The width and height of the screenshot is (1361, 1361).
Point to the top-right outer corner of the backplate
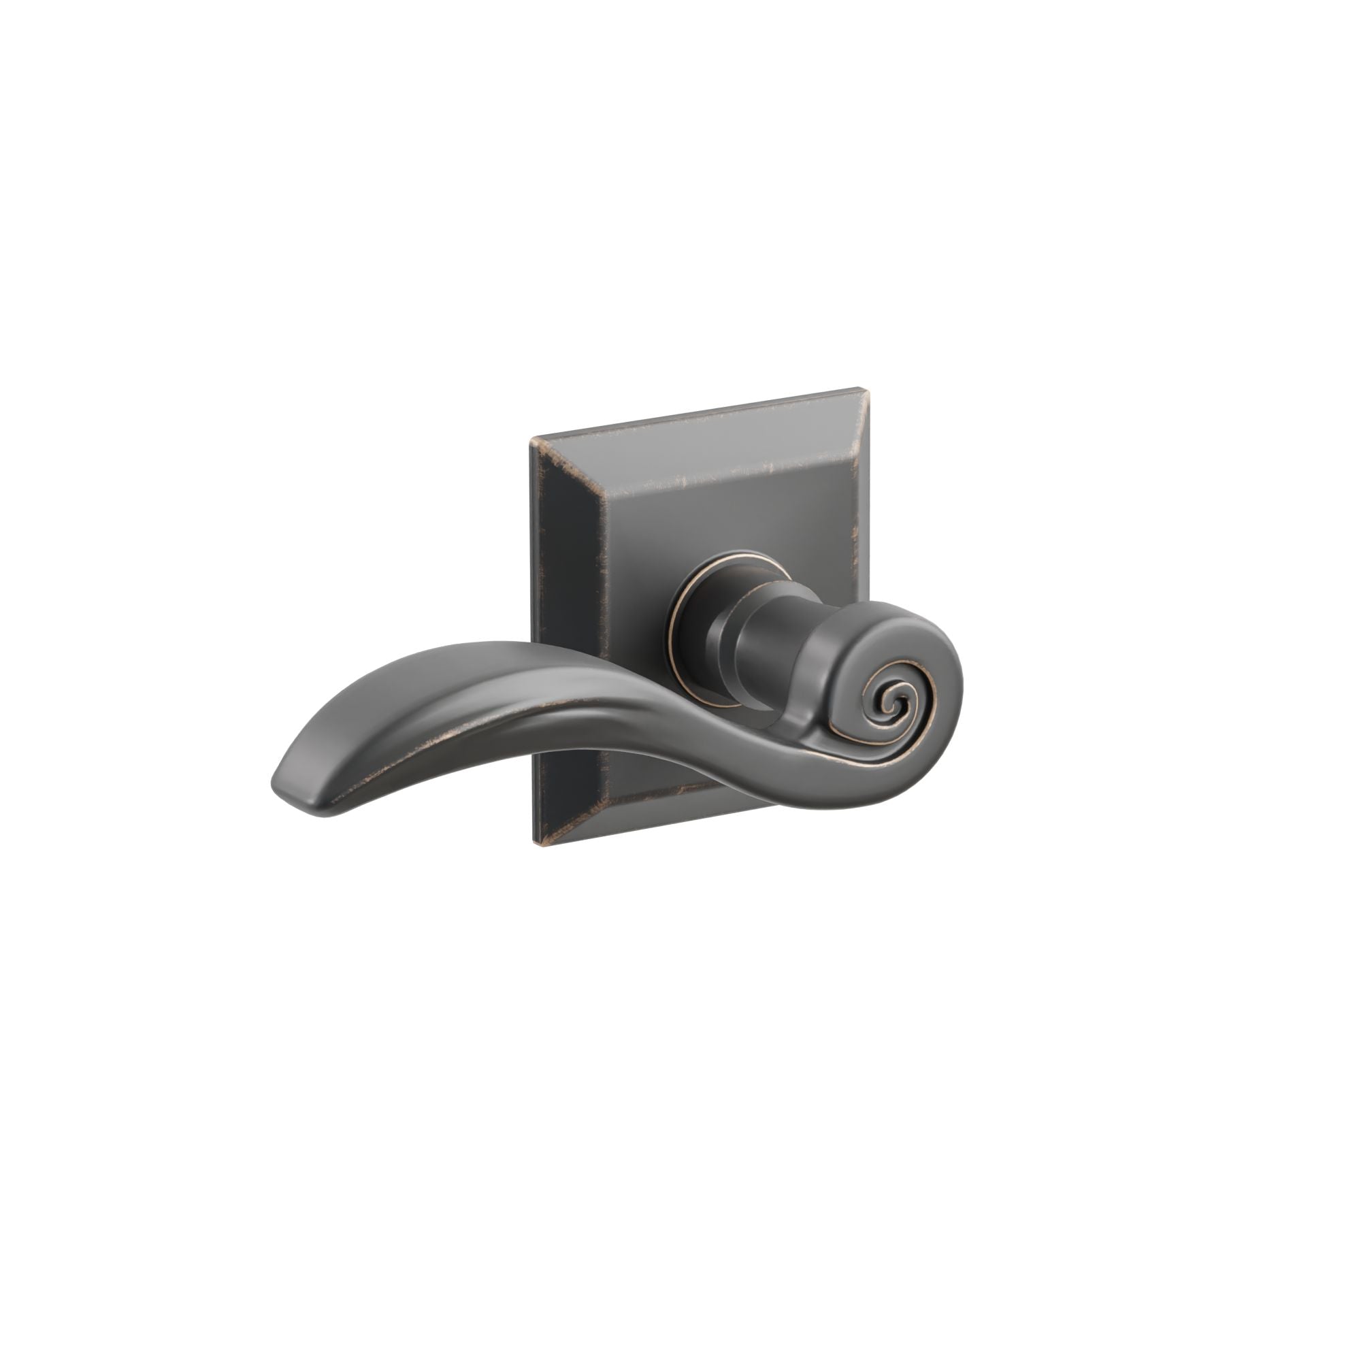click(859, 387)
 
